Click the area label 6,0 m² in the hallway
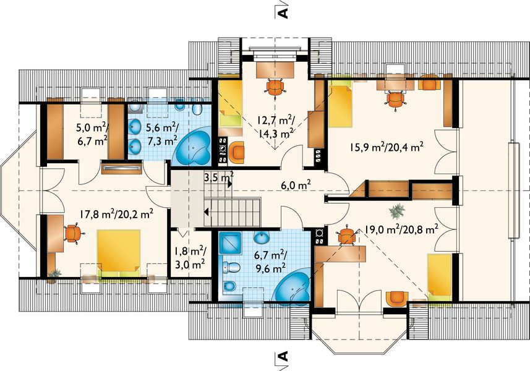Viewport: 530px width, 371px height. (296, 185)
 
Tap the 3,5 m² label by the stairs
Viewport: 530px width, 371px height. (219, 177)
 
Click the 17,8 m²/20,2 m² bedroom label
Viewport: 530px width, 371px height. (117, 214)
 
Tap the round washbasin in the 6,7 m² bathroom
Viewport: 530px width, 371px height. (261, 238)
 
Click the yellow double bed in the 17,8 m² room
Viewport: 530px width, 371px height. (119, 253)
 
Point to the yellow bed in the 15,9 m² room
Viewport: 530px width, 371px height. (341, 106)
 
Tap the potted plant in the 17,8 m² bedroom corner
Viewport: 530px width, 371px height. (54, 274)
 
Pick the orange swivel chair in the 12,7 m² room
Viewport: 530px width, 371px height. (275, 88)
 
